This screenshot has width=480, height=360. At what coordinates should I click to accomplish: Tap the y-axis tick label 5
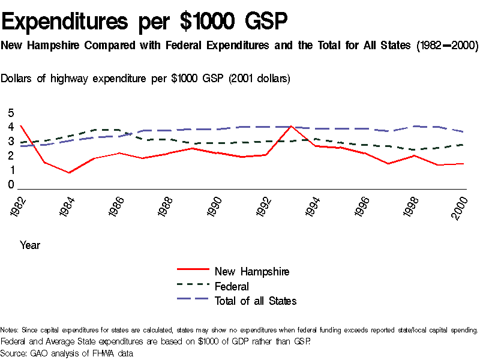10,113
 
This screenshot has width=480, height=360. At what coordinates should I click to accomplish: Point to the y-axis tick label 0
10,185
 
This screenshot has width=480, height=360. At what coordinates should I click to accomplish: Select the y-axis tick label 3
10,142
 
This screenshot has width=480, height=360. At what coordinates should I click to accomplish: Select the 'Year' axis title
29,245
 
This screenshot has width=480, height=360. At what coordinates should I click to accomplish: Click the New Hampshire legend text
252,272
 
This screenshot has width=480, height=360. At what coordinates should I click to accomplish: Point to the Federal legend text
232,286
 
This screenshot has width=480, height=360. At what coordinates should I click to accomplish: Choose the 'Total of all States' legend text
256,301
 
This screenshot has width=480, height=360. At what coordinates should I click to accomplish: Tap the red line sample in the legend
192,271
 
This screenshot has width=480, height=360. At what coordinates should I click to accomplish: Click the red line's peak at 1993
291,126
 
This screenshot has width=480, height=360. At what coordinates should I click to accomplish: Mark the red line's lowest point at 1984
70,173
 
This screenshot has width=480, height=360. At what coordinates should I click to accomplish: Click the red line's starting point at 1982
21,126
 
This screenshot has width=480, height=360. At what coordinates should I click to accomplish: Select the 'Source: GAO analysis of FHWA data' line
67,353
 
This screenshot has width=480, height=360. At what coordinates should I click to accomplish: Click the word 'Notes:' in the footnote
10,330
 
